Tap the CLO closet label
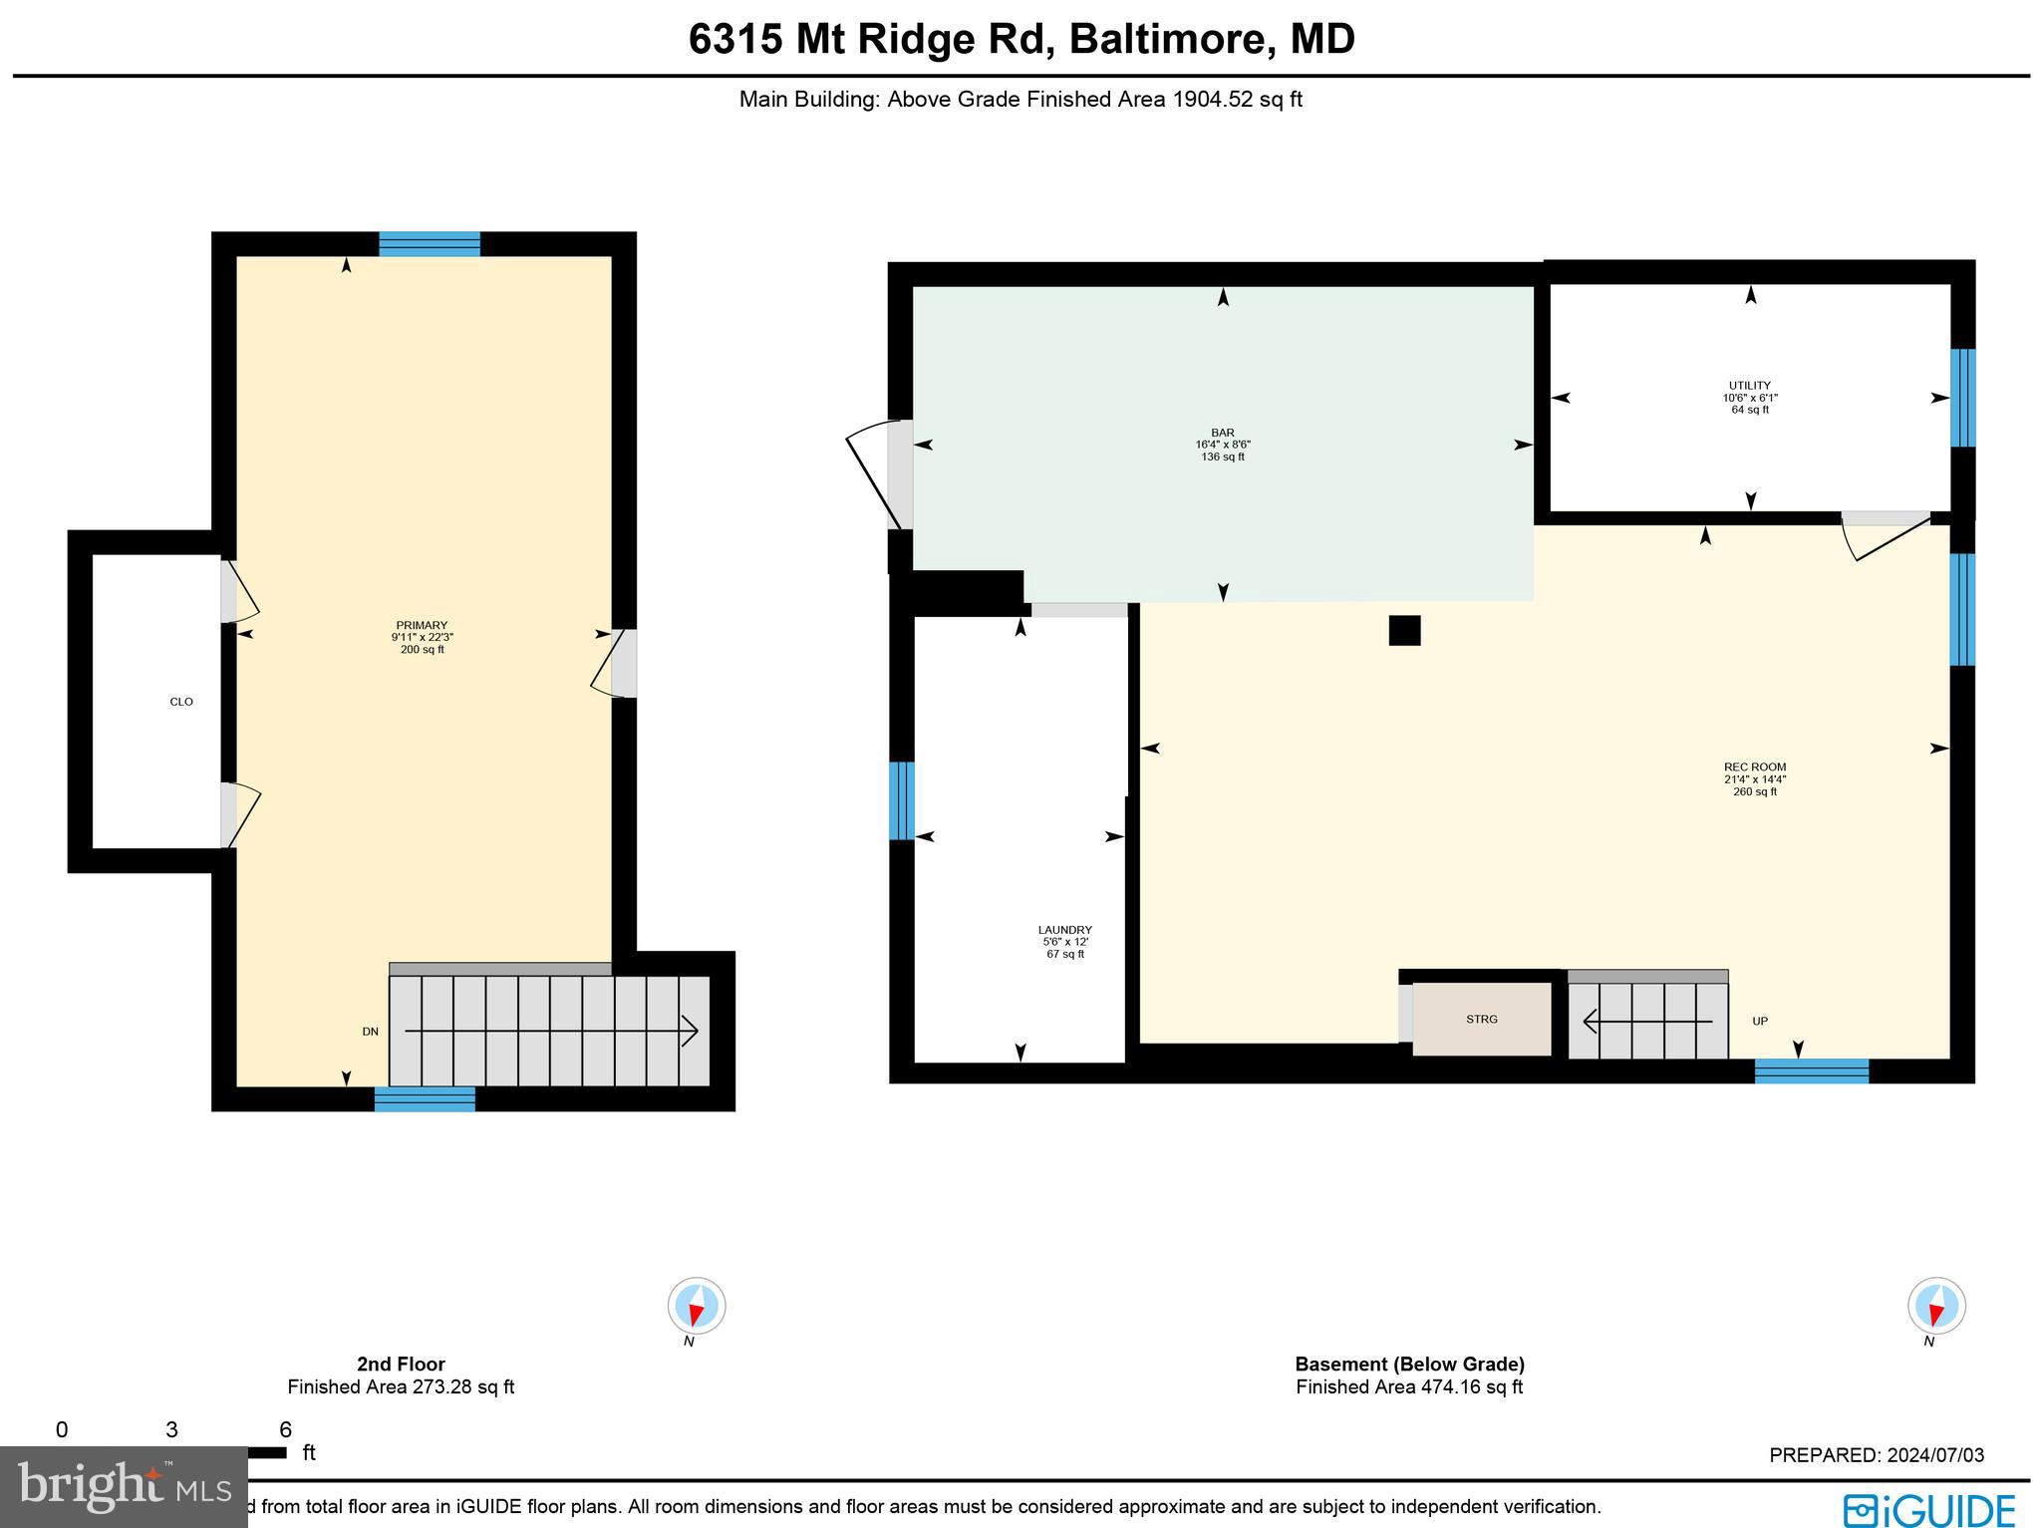point(181,702)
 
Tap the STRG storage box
point(1482,1019)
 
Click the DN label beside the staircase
point(370,1032)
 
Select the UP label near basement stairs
point(1760,1021)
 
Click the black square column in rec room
point(1404,630)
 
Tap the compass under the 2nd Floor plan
point(696,1305)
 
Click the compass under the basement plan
point(1935,1305)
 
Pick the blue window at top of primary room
point(430,244)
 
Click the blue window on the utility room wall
point(1961,398)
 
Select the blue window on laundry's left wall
point(901,800)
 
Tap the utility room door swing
point(1882,538)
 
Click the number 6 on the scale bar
point(285,1430)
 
